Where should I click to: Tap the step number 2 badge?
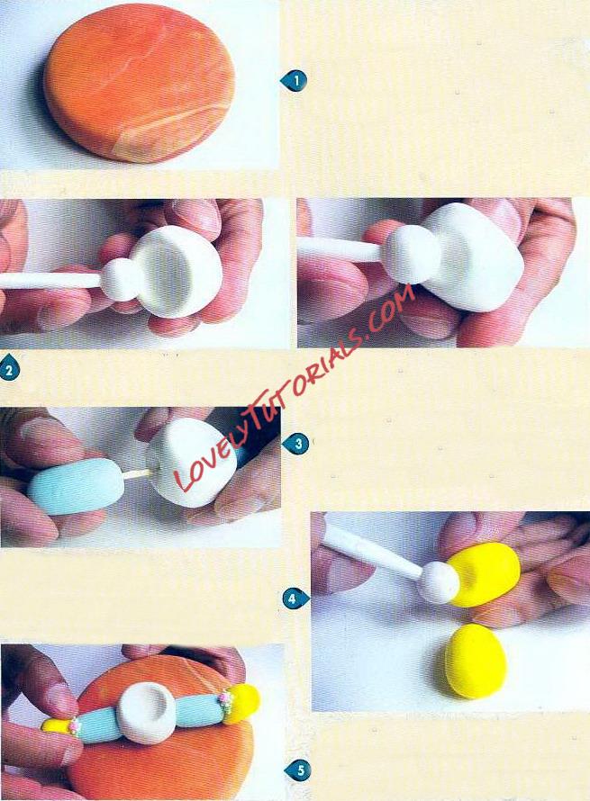coord(9,369)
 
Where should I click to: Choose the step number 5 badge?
coord(297,769)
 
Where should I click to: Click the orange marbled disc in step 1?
coord(139,84)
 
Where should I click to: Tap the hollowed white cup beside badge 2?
coord(174,271)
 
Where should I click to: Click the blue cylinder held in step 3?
coord(77,485)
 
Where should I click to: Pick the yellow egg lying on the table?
coord(476,661)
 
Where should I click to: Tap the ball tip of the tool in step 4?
coord(438,582)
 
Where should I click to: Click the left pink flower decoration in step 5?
coord(75,725)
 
